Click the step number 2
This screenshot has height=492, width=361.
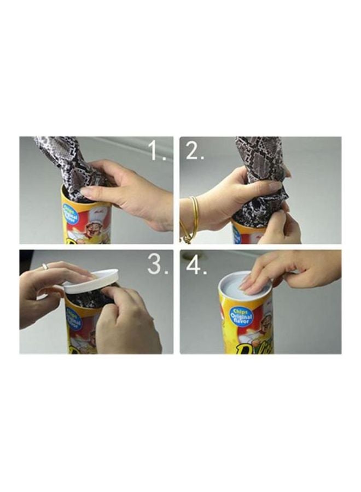194,150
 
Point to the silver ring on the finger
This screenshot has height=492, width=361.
45,266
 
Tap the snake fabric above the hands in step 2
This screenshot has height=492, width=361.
257,153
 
